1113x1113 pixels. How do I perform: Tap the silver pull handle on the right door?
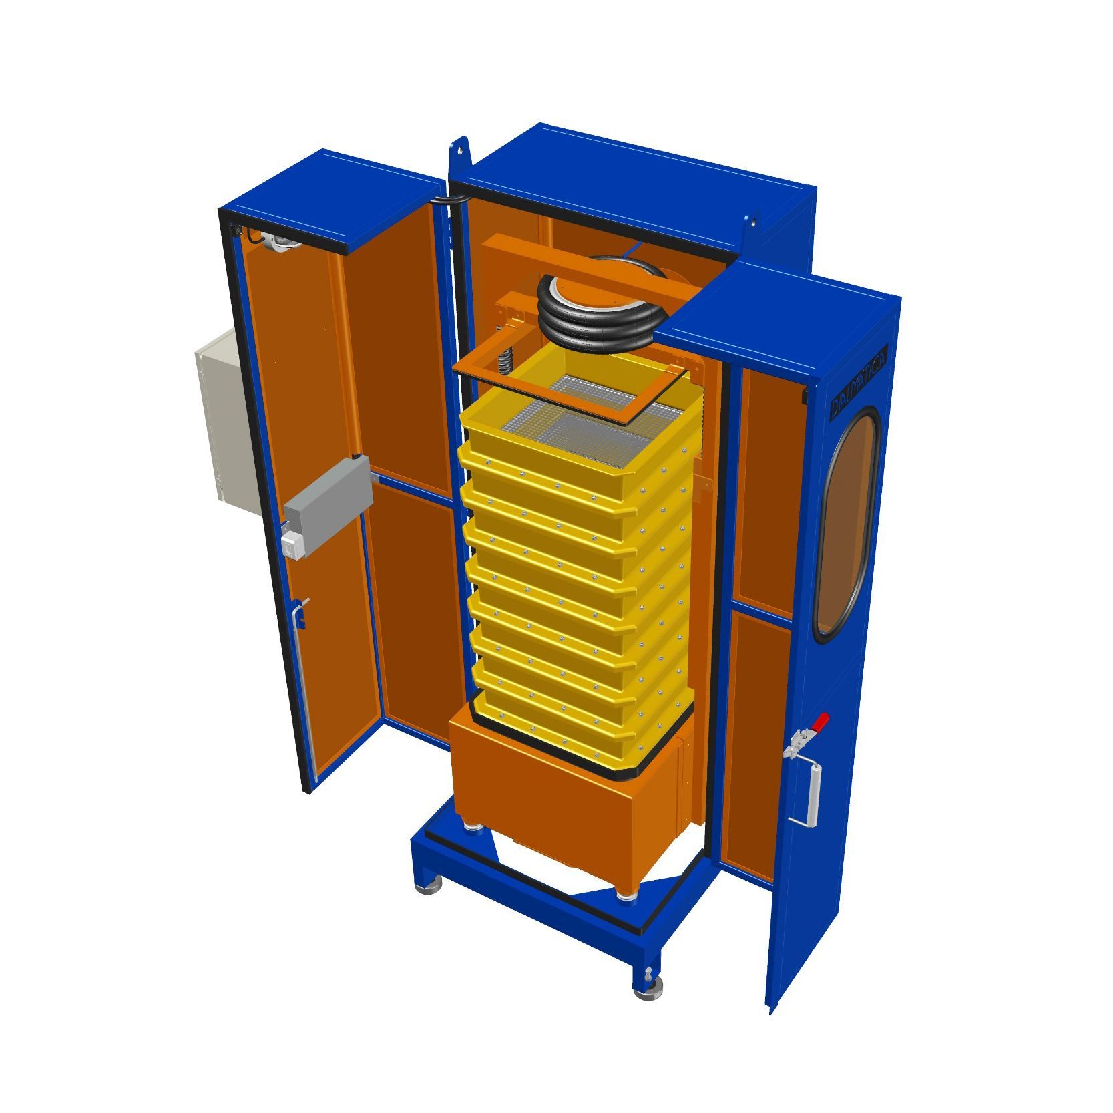(814, 794)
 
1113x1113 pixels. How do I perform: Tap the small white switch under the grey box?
(291, 546)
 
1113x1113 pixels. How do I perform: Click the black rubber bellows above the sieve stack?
(594, 311)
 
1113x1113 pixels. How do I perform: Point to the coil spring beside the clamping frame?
(508, 365)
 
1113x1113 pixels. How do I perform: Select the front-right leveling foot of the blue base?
(648, 989)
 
